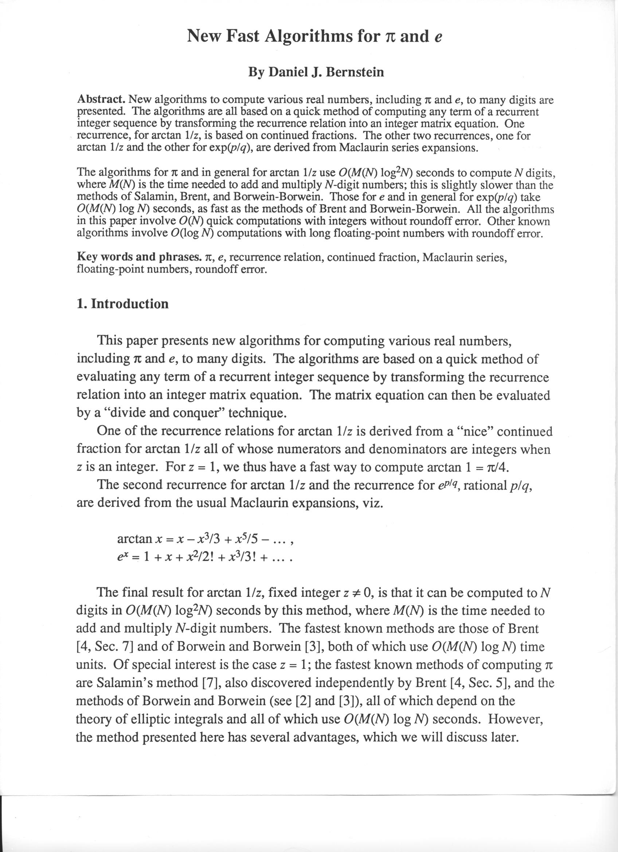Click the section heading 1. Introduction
tap(122, 303)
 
